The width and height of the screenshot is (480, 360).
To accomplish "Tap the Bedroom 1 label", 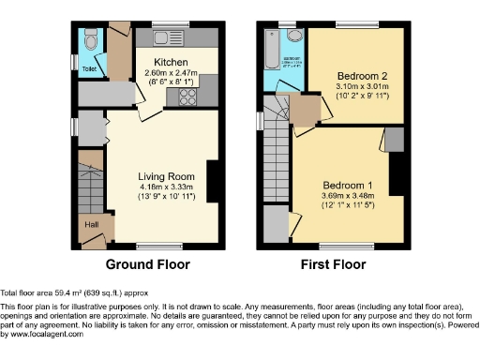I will coord(348,185).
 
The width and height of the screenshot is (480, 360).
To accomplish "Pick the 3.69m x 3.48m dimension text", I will coord(348,195).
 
